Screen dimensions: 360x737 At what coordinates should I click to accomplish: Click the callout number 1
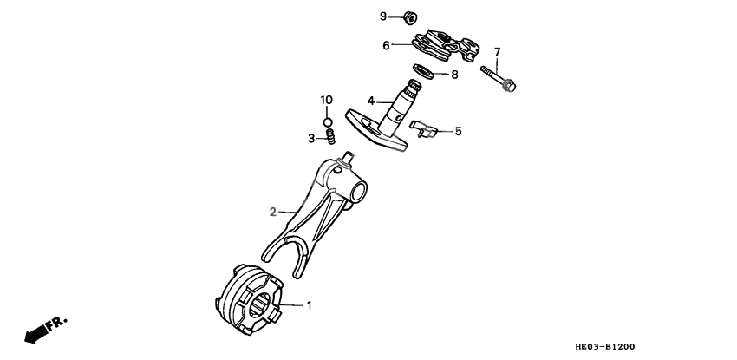tap(308, 305)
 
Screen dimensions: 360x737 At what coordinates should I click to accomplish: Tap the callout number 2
tap(272, 211)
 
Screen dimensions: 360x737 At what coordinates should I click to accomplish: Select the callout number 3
tap(310, 137)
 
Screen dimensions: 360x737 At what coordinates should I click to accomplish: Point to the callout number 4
tap(370, 101)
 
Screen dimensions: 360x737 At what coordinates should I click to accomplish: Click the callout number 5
tap(458, 132)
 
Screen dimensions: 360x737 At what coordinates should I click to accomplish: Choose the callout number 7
tap(497, 51)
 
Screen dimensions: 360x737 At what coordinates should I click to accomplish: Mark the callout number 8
tap(454, 75)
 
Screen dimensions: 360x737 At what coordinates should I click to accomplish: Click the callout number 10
tap(327, 101)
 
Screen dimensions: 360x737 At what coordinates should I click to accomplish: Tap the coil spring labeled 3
tap(329, 138)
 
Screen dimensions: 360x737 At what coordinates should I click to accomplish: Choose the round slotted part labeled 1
tap(250, 299)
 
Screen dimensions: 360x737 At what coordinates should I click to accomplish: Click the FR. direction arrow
tap(43, 330)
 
